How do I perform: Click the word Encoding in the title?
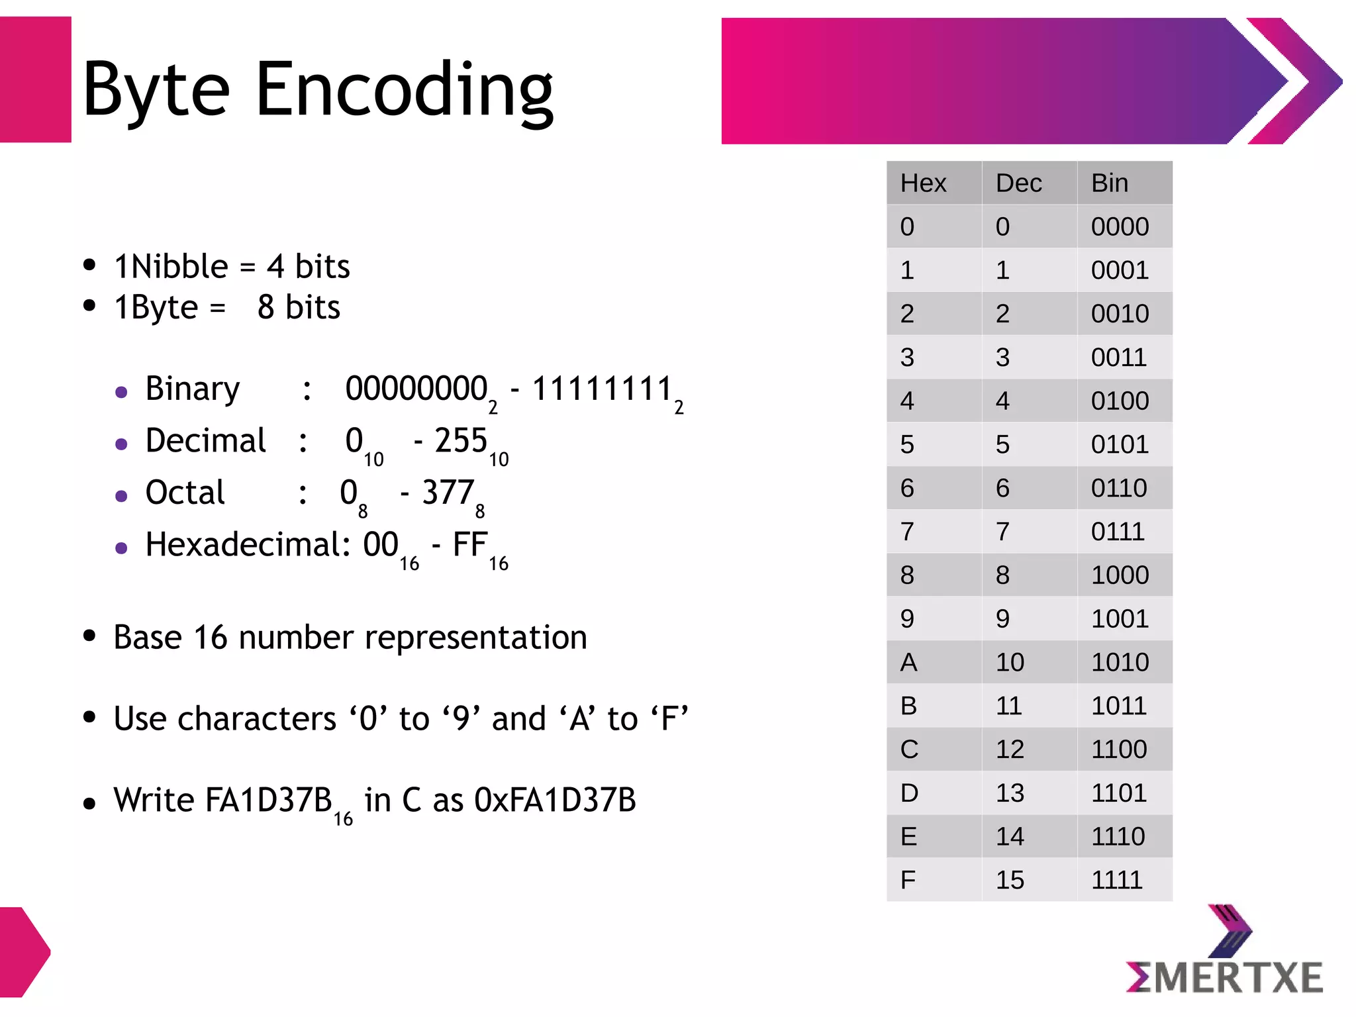point(404,90)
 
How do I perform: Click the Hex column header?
point(923,183)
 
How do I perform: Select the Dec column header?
point(1018,183)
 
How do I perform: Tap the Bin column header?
point(1110,183)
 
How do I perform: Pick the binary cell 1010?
point(1120,662)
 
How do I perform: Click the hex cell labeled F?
point(908,880)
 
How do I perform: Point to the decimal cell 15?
point(1010,880)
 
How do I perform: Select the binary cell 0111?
point(1118,532)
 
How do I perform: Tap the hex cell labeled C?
point(909,750)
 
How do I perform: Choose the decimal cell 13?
point(1010,793)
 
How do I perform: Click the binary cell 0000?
point(1120,227)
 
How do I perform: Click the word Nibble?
point(179,267)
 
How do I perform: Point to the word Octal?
point(185,493)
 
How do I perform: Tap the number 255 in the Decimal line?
point(461,441)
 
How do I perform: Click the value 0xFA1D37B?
point(555,800)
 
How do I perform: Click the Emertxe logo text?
point(1225,977)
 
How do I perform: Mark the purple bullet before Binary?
point(121,392)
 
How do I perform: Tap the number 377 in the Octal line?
point(448,493)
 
